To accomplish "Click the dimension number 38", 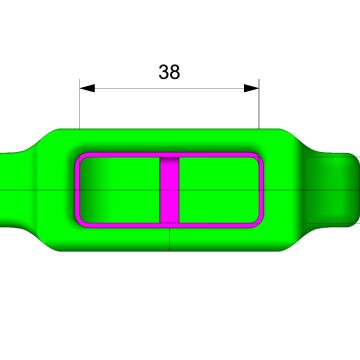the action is click(169, 72).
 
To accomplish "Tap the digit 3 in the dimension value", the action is click(164, 72).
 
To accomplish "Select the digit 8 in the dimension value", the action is click(175, 72).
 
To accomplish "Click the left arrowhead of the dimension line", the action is click(87, 88).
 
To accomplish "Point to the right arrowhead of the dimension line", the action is click(251, 88).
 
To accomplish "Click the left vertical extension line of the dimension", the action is click(79, 104).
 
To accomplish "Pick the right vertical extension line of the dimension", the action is click(259, 104).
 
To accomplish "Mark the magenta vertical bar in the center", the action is click(170, 190).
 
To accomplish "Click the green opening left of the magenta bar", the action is click(120, 190).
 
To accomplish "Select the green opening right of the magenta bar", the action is click(219, 190).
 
